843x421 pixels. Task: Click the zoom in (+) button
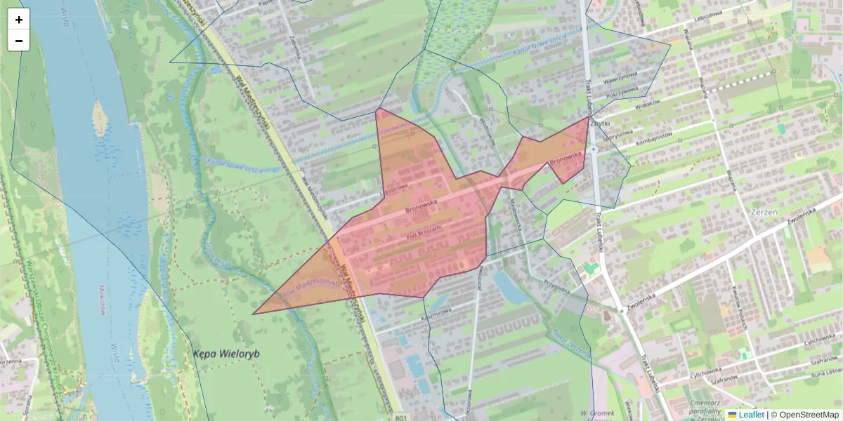tap(19, 20)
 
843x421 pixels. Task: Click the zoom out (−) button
tap(19, 41)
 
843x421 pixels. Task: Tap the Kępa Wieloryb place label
tap(226, 354)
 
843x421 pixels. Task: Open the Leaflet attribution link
tap(750, 415)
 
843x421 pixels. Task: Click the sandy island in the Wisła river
tap(100, 118)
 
